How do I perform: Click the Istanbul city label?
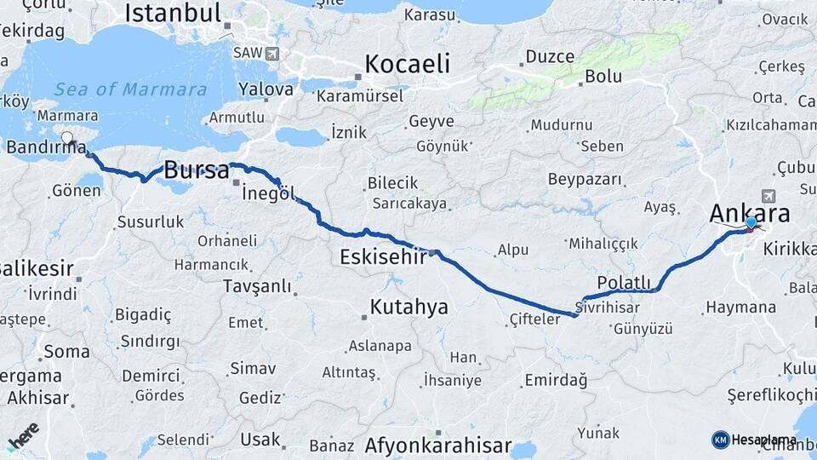click(x=174, y=13)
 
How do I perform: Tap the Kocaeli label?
click(x=407, y=64)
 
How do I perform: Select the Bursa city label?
click(x=196, y=169)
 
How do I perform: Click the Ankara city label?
click(x=750, y=213)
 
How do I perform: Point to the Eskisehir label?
click(x=382, y=256)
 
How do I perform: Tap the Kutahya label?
click(x=408, y=307)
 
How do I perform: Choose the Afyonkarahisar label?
click(x=437, y=445)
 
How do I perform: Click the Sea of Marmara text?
click(x=130, y=89)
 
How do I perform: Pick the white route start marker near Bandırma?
click(x=67, y=137)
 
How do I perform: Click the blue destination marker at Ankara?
click(x=751, y=223)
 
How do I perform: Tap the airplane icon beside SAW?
click(x=272, y=53)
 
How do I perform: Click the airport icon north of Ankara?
click(x=770, y=195)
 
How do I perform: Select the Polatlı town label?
click(x=624, y=282)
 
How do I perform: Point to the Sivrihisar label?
click(x=607, y=307)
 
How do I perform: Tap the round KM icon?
click(x=720, y=440)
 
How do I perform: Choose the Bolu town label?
click(x=603, y=77)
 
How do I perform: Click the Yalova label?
click(x=266, y=89)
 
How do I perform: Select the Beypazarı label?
click(x=585, y=180)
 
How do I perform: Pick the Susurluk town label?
click(x=150, y=221)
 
